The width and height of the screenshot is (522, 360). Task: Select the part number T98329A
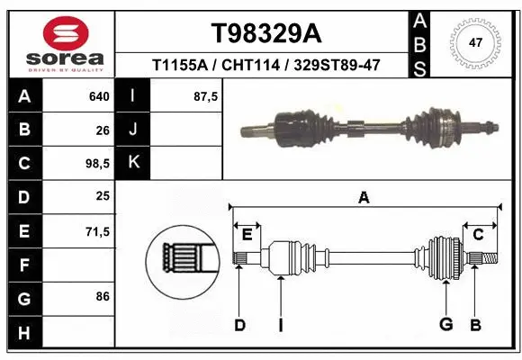(265, 33)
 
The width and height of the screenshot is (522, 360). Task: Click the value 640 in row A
(100, 96)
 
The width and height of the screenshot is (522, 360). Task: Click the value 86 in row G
(103, 295)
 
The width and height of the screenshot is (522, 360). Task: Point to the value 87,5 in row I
(206, 96)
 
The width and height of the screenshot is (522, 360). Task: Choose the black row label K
(134, 163)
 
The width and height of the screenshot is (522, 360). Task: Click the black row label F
(23, 265)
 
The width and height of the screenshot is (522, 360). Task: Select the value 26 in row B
(103, 130)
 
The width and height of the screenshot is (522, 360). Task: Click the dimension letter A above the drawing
(364, 198)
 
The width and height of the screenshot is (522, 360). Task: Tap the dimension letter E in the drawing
(247, 234)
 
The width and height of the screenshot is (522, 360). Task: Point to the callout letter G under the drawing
(445, 325)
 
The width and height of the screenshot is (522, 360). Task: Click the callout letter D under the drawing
(239, 325)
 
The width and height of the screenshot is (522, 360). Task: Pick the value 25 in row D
(103, 196)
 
